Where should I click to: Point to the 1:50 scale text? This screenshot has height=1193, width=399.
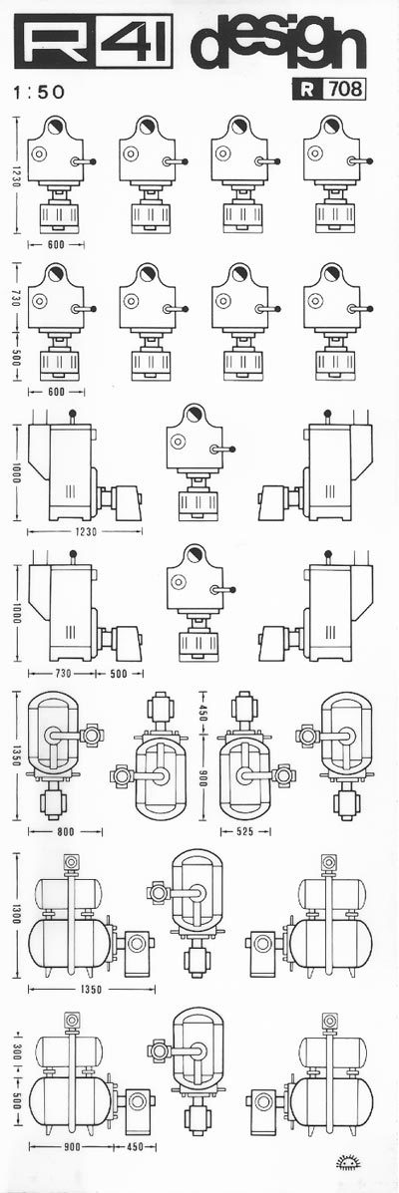pos(40,93)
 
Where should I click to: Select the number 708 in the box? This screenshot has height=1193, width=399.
pos(343,90)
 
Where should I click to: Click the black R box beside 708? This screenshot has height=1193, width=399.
pos(307,90)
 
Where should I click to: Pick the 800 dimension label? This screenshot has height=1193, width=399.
pos(66,831)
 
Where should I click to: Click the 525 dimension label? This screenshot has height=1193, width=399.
pos(245,831)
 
